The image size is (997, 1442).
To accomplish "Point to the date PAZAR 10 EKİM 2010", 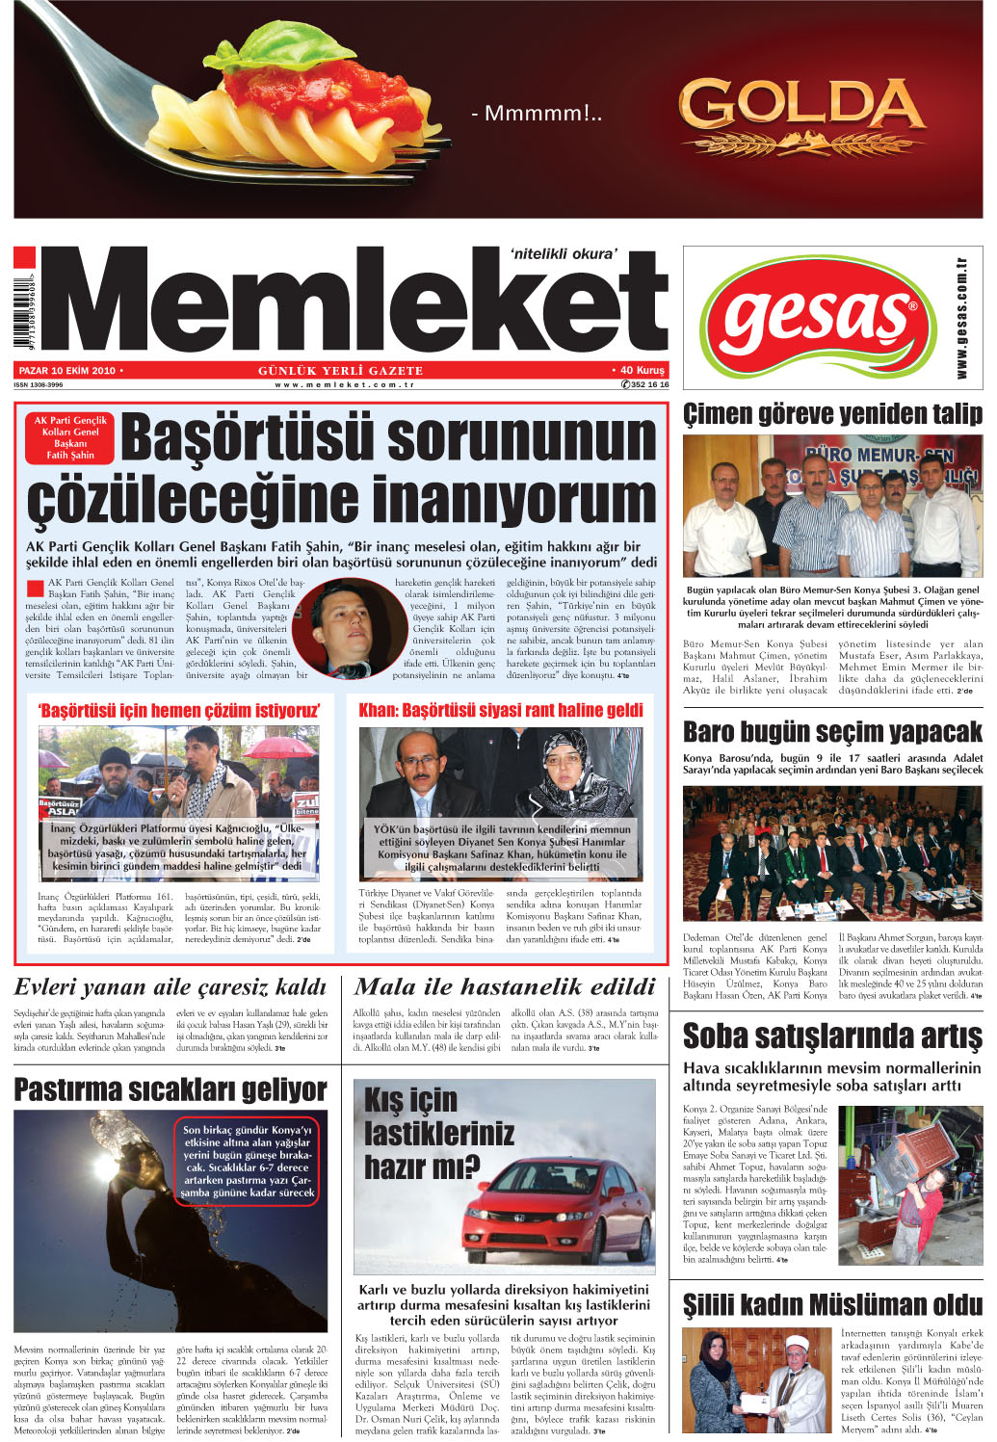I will (67, 371).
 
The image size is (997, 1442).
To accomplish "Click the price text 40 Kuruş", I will (642, 370).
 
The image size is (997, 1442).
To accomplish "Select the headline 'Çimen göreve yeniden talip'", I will (832, 415).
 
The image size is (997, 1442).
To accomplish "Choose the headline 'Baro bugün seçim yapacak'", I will (832, 732).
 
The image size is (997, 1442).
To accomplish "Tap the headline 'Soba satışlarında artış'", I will (832, 1036).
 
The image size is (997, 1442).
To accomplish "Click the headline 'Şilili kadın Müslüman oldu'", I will (832, 1306).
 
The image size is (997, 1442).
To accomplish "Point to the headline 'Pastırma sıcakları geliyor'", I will (171, 1089).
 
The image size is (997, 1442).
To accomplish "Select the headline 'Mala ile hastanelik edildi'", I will (505, 986).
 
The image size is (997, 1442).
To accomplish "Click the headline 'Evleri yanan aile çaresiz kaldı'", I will (171, 987).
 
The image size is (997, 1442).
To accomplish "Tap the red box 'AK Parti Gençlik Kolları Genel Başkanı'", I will (70, 437).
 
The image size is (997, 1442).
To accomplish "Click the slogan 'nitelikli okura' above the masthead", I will (564, 254).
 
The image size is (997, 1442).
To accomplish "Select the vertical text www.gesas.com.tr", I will (961, 318).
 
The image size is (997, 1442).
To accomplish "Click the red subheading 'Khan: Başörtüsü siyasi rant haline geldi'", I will (501, 711).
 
